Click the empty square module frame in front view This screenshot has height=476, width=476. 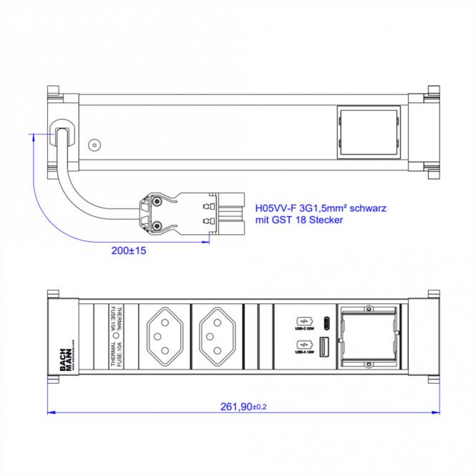(369, 335)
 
